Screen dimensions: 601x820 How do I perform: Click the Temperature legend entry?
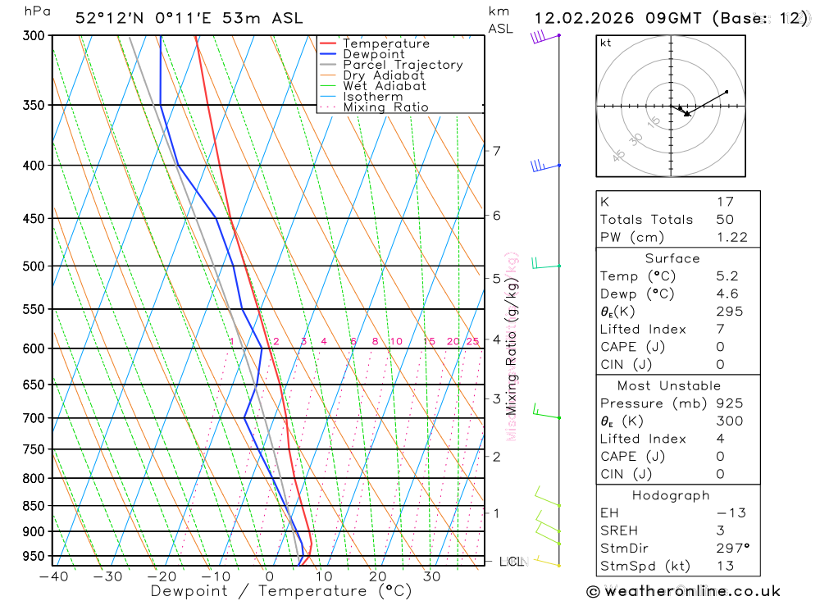click(385, 43)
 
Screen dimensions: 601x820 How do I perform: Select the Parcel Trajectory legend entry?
click(402, 65)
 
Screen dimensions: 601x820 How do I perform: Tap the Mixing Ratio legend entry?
click(385, 107)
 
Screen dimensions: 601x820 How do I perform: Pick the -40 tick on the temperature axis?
click(53, 576)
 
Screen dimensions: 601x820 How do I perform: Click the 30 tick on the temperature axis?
click(432, 576)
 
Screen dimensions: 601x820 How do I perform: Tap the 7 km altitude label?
click(496, 151)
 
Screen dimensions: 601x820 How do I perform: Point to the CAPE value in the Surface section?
click(721, 347)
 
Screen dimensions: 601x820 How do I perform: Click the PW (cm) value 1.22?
click(731, 237)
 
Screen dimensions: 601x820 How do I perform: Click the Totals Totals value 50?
click(724, 219)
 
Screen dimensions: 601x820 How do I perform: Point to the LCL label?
click(511, 562)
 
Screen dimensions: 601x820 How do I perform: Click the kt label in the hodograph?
click(606, 43)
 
